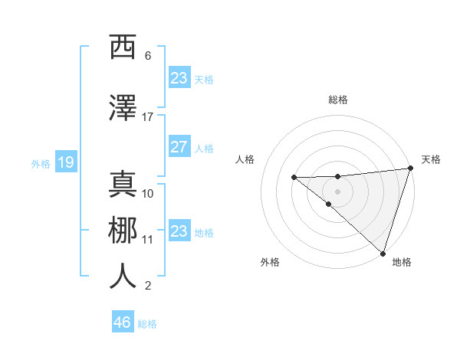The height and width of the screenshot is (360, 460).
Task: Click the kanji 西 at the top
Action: (123, 47)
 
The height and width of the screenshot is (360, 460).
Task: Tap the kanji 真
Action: (123, 184)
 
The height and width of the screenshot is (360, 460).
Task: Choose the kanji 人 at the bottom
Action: (123, 277)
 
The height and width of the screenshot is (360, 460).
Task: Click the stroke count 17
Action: (148, 117)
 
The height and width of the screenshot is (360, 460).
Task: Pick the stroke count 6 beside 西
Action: (148, 56)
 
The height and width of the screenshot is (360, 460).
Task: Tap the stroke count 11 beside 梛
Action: (148, 240)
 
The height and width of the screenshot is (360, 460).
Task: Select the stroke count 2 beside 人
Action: (148, 286)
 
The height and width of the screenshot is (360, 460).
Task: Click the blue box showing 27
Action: (179, 147)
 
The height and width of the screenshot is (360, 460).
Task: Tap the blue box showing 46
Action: (123, 322)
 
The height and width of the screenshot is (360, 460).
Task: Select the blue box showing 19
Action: (65, 162)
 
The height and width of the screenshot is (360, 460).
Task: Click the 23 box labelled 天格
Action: (179, 77)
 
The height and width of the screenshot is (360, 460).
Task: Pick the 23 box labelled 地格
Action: (179, 231)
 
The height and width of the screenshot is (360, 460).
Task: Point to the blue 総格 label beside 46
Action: (147, 324)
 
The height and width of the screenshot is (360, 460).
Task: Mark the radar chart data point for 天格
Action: (411, 169)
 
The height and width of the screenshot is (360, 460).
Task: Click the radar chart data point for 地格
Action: (383, 253)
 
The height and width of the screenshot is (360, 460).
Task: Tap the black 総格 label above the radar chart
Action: (338, 100)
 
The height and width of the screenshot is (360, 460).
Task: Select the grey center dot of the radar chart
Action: (337, 190)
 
